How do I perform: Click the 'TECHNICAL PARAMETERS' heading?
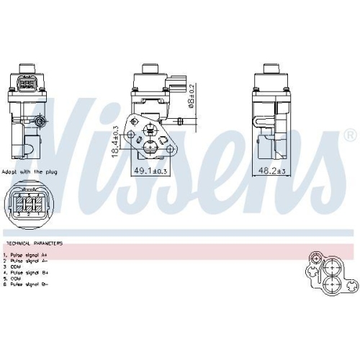click(33, 243)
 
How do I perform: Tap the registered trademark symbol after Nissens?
click(350, 135)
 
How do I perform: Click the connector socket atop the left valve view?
click(29, 84)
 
